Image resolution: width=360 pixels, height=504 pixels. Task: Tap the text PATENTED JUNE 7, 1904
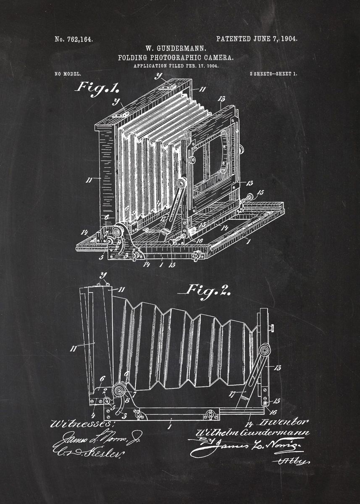pos(257,39)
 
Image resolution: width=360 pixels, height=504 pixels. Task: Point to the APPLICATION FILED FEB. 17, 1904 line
pos(176,66)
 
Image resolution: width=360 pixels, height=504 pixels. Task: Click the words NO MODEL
pos(68,74)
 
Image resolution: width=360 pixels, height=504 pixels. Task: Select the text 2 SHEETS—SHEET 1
pos(273,74)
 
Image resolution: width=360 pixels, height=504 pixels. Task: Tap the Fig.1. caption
pos(97,87)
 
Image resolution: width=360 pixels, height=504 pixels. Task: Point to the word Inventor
pos(284,421)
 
